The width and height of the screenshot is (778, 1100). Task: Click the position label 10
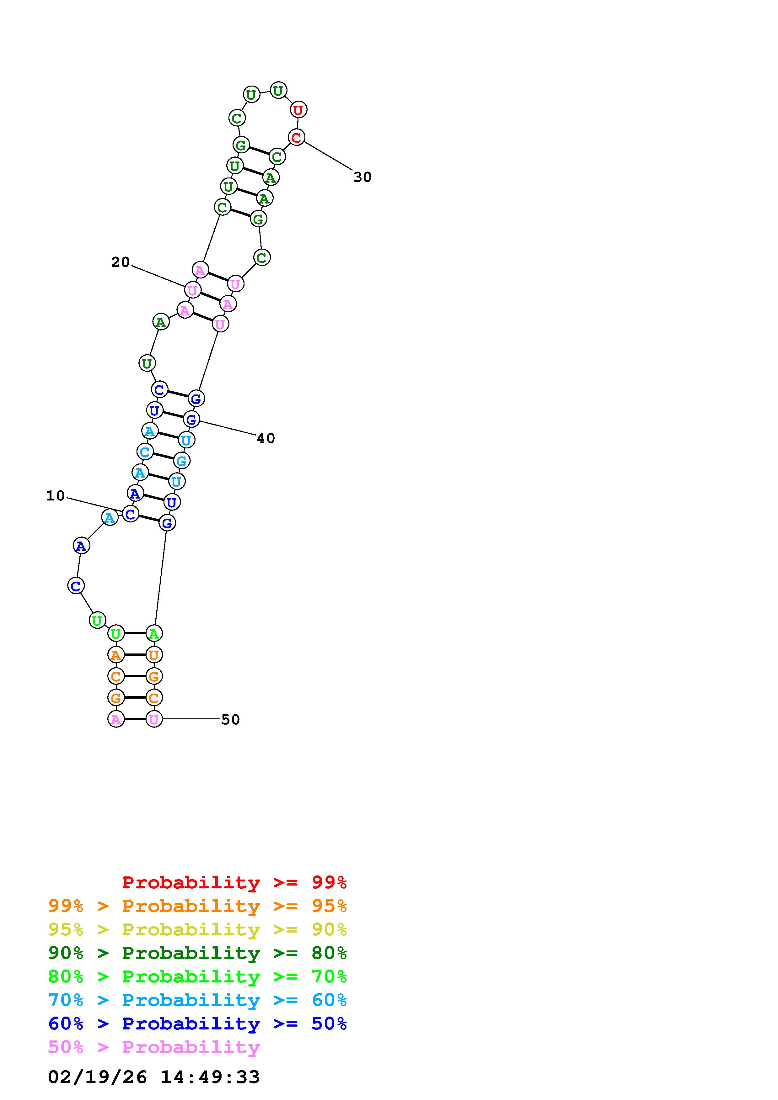(x=55, y=496)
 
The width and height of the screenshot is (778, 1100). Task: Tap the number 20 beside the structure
(x=120, y=262)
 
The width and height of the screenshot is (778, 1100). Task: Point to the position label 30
(x=362, y=177)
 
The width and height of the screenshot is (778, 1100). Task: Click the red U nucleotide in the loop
(x=298, y=110)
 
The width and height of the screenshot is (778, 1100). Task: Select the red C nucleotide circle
(x=296, y=137)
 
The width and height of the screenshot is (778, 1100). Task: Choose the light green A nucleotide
(x=153, y=633)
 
